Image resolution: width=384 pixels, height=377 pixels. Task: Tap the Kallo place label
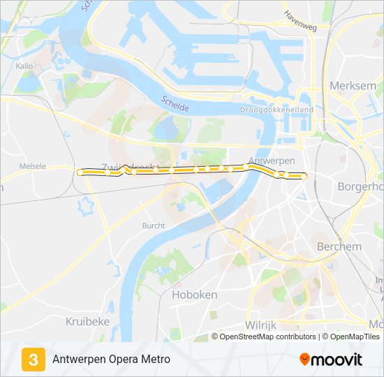(x=24, y=66)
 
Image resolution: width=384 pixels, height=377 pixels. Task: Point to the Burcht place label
(x=154, y=226)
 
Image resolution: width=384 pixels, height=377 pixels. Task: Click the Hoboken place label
(x=194, y=295)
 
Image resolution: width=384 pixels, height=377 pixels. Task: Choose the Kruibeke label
(x=87, y=321)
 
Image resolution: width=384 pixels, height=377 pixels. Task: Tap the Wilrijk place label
(x=262, y=325)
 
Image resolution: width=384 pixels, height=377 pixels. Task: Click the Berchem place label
(x=339, y=246)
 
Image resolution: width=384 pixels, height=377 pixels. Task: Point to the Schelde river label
(x=175, y=105)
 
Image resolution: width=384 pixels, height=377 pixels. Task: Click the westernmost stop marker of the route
(x=80, y=172)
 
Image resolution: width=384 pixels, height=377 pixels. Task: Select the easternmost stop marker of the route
(x=304, y=177)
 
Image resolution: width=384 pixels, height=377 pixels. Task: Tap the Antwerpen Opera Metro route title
(x=111, y=360)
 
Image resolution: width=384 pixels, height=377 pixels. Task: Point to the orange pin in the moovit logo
(x=304, y=360)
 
